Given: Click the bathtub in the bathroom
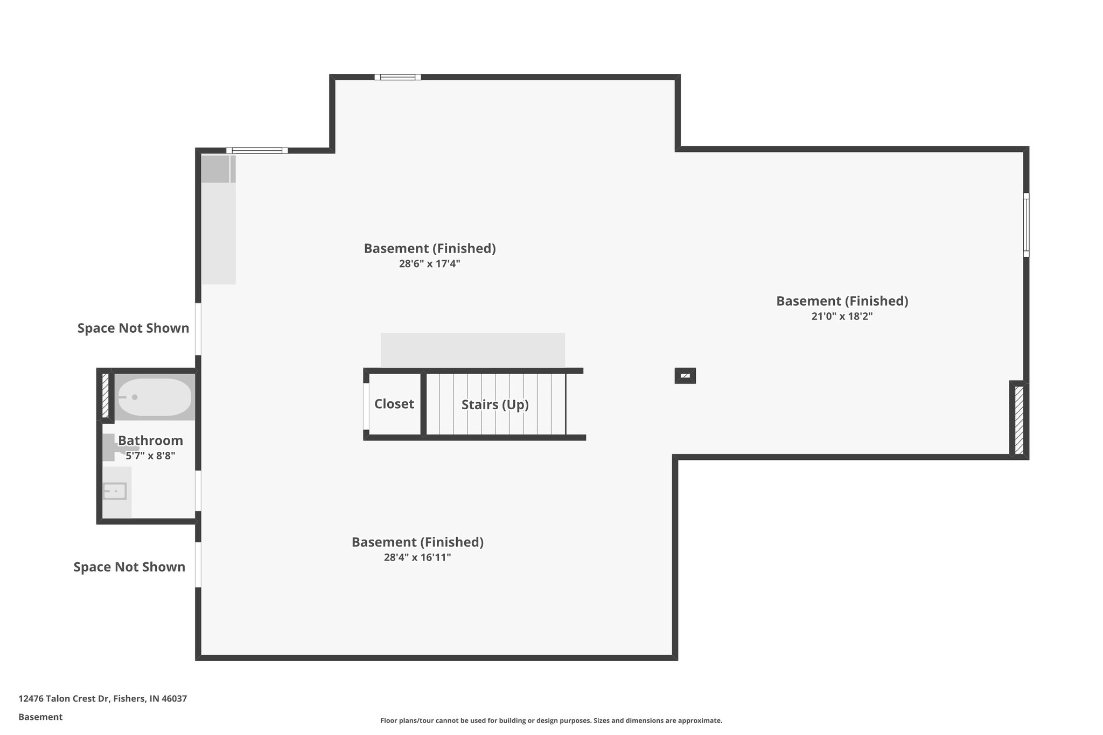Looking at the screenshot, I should (154, 397).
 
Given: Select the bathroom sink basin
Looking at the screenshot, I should (115, 491).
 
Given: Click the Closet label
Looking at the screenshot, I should (394, 404).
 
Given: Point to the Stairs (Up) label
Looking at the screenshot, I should (495, 404).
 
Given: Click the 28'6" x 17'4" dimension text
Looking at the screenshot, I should (429, 264).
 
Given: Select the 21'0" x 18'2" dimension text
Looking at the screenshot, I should (842, 316).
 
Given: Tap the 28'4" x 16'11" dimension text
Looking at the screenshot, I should (417, 557).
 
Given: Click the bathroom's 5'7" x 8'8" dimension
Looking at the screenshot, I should (151, 456).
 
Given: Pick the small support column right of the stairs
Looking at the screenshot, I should (685, 376).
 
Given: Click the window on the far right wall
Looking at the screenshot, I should (1026, 225).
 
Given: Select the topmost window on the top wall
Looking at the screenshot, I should (398, 77).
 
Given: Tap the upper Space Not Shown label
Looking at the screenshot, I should (133, 328).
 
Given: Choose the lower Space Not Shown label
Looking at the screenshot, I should (129, 566).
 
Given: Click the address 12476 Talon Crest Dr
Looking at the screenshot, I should (102, 699).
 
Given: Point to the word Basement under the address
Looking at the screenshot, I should (40, 717).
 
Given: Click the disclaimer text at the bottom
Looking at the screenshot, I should (551, 720).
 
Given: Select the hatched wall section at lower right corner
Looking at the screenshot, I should (1019, 420).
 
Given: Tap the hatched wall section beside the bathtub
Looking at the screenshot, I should (106, 396).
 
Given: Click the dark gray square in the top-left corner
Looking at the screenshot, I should (215, 169).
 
